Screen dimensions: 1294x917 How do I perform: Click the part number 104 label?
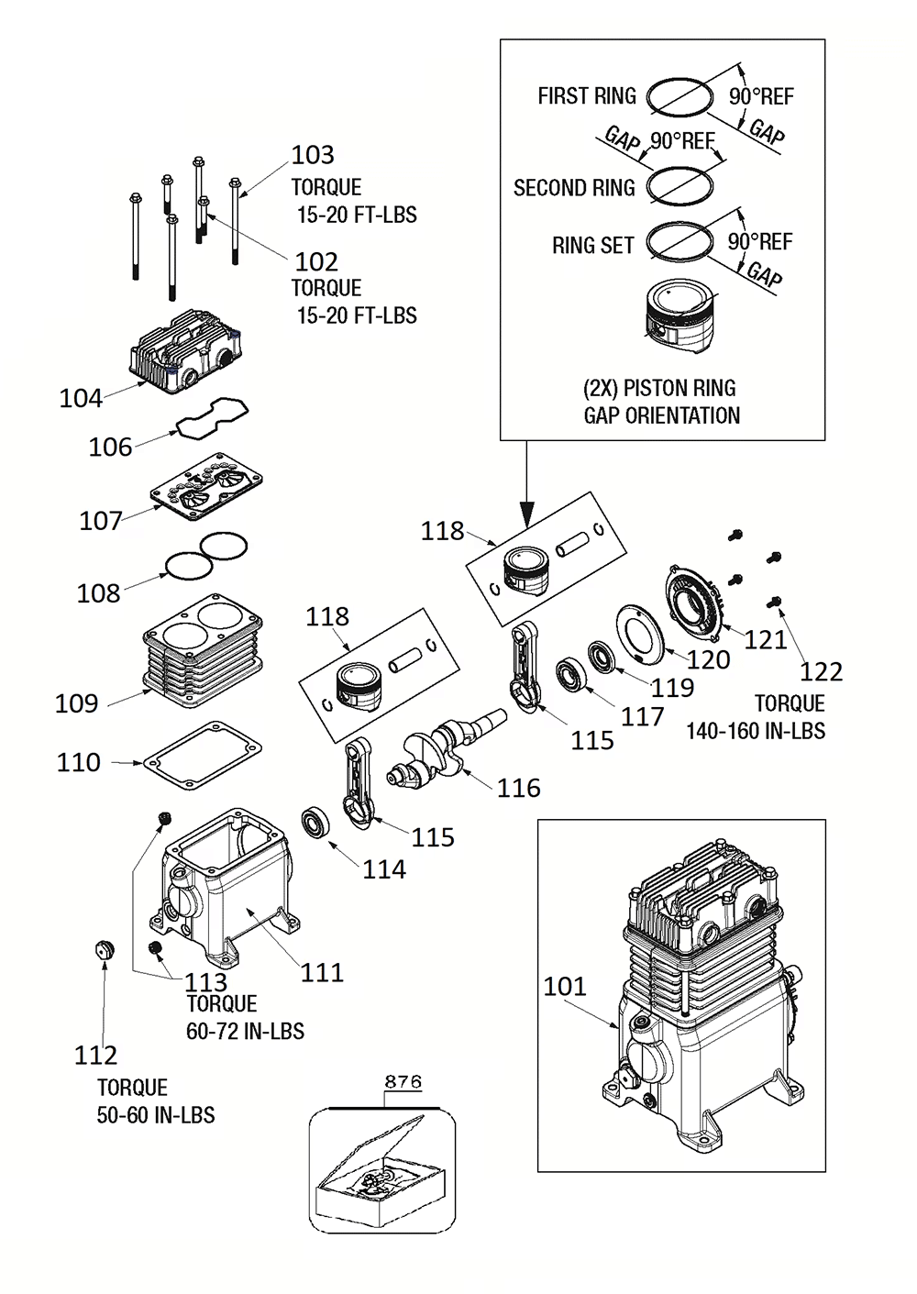81,398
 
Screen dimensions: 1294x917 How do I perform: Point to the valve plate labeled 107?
206,485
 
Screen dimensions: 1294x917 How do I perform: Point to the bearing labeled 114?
317,821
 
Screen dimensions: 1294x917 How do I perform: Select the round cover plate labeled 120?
639,631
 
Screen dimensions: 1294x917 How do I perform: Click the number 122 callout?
821,672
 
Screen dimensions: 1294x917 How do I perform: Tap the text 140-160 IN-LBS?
755,731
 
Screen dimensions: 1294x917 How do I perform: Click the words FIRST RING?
586,96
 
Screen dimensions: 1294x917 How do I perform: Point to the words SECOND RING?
574,188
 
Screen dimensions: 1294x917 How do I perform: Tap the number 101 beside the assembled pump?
564,986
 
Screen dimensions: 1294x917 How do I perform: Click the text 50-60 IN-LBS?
156,1115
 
